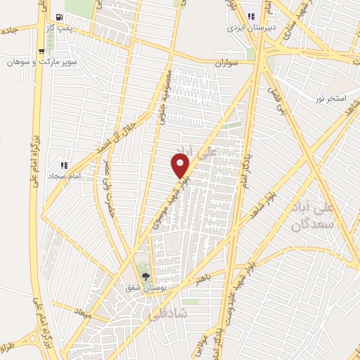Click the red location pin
181,166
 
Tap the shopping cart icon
41,51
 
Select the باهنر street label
204,276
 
